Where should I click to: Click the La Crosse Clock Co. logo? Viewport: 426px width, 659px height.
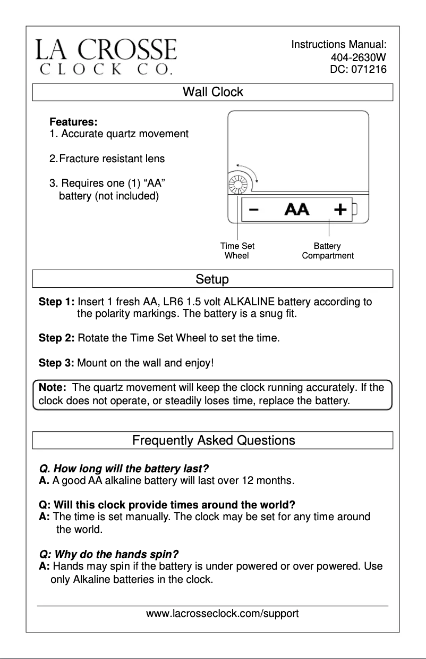pyautogui.click(x=106, y=56)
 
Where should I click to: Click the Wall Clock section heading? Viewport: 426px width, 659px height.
pyautogui.click(x=212, y=92)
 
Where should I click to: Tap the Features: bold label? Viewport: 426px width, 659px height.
pyautogui.click(x=73, y=122)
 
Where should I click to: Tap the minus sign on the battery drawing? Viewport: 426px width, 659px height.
pyautogui.click(x=254, y=210)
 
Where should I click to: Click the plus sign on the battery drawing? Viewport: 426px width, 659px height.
pyautogui.click(x=340, y=210)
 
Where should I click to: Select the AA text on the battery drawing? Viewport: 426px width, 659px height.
pyautogui.click(x=297, y=210)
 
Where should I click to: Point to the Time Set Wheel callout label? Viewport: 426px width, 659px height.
pyautogui.click(x=237, y=251)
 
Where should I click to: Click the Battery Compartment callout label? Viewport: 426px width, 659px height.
pyautogui.click(x=327, y=251)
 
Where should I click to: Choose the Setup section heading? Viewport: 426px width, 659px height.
pyautogui.click(x=212, y=279)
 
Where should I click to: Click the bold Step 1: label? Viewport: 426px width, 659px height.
pyautogui.click(x=57, y=303)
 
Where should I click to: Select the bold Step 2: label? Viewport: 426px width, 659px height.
pyautogui.click(x=57, y=338)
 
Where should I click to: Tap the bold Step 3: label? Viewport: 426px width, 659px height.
pyautogui.click(x=57, y=364)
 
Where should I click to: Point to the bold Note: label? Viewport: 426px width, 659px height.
pyautogui.click(x=53, y=388)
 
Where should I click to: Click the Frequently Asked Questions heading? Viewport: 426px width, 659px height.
pyautogui.click(x=214, y=440)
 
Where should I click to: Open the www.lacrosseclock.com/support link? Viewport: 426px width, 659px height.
pyautogui.click(x=223, y=614)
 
